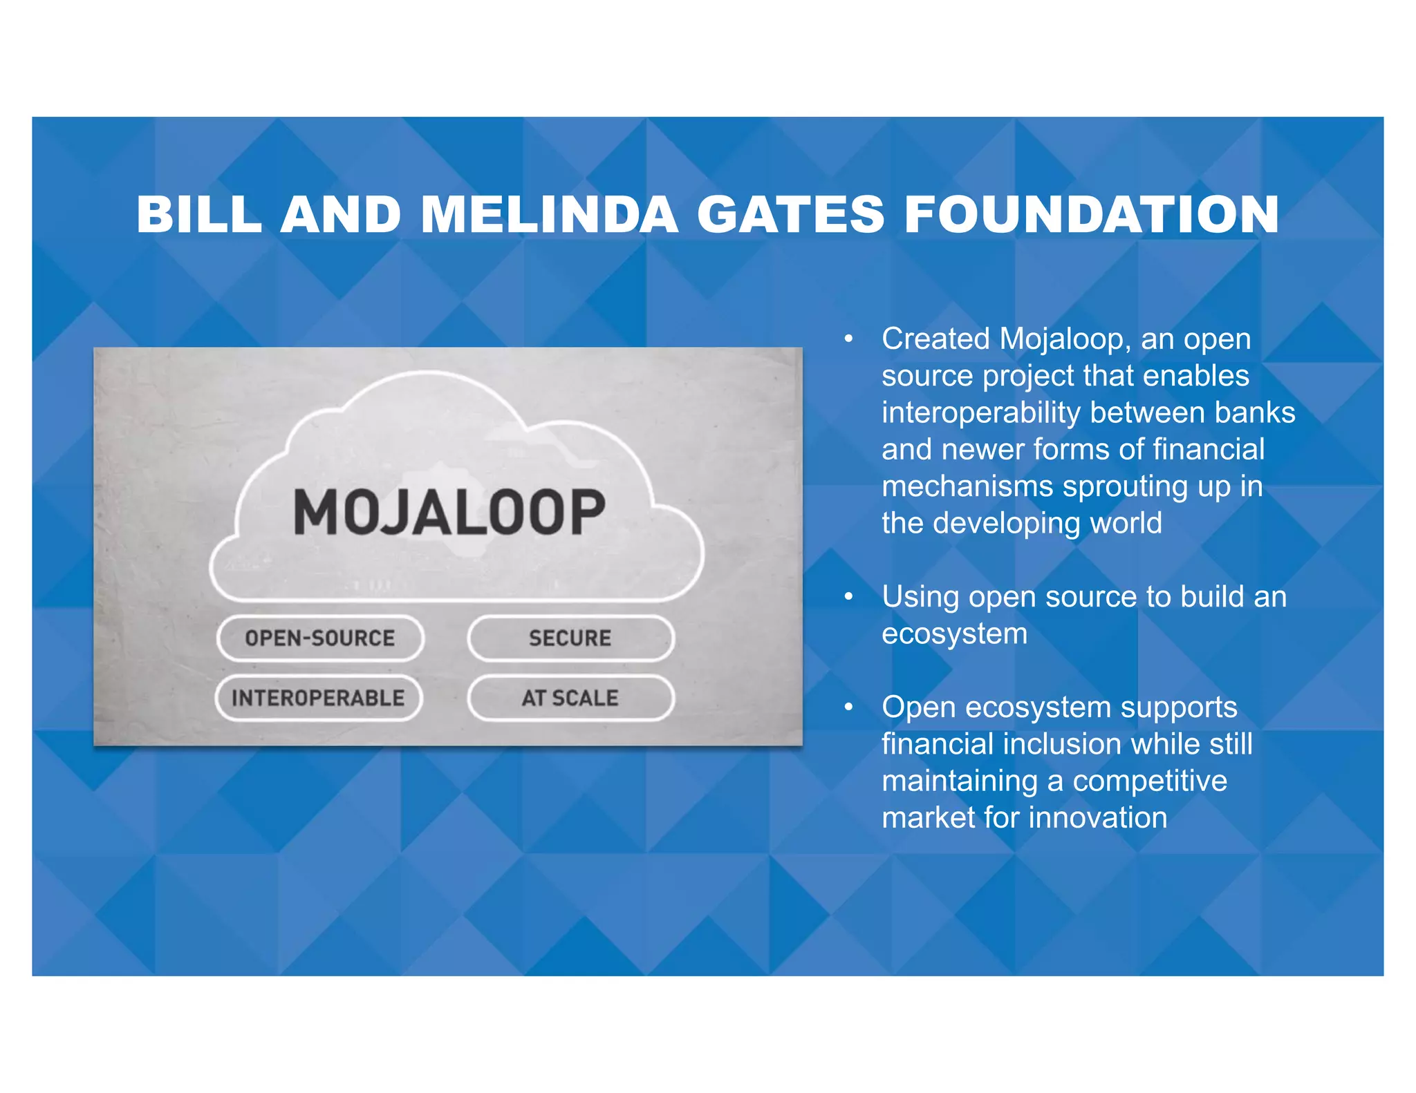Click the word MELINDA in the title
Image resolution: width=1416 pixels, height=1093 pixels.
pos(549,215)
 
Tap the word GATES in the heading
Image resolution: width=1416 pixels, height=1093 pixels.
pos(790,215)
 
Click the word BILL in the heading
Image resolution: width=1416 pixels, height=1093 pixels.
pos(199,215)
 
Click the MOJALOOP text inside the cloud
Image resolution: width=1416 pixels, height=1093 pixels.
pos(449,512)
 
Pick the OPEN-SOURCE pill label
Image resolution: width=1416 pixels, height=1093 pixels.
pos(320,638)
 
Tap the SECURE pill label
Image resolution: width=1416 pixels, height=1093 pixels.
pos(570,638)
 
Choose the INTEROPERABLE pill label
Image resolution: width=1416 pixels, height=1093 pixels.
pos(318,698)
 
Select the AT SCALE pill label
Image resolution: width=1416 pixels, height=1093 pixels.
pos(570,698)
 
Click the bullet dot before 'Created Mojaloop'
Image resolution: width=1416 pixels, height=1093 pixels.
pos(848,339)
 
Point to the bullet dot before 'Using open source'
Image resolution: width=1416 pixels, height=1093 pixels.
pos(848,597)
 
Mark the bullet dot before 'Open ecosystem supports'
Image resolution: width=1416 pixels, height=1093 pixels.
pos(848,707)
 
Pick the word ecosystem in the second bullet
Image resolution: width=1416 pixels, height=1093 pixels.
pos(954,634)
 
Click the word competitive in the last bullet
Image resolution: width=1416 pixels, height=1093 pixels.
pos(1149,781)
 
